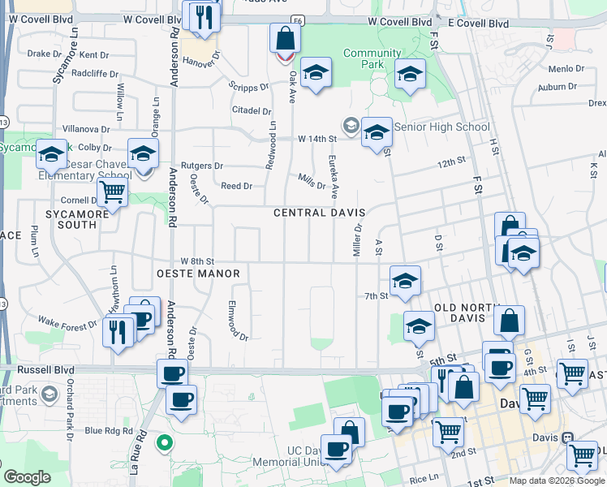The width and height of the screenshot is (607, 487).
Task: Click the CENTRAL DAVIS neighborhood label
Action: click(x=319, y=213)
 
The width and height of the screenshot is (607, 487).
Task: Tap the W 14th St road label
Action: click(x=316, y=139)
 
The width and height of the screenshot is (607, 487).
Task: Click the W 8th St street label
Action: click(x=196, y=261)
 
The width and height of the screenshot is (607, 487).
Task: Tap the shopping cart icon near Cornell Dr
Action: click(x=112, y=193)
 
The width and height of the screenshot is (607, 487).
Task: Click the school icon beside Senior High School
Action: click(x=377, y=133)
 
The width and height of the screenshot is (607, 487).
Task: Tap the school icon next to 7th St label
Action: click(x=405, y=282)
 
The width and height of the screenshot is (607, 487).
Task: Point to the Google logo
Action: click(x=27, y=477)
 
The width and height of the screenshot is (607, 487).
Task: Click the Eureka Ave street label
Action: click(x=333, y=179)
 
